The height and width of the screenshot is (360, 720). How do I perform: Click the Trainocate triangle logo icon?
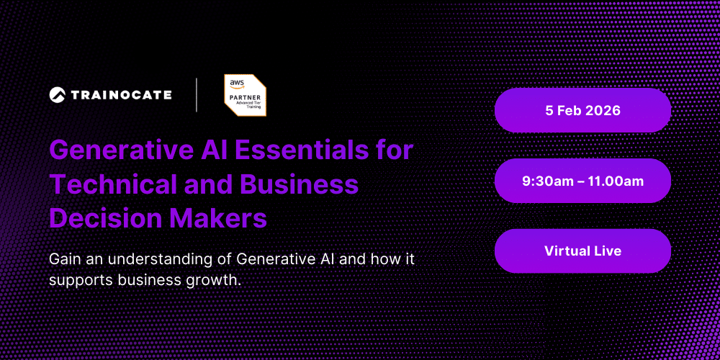58,94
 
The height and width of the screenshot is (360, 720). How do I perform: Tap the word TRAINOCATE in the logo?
121,94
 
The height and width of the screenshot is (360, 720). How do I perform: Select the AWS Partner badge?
245,95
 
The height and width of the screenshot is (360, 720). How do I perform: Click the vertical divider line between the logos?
197,95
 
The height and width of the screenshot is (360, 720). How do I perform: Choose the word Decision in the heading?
106,217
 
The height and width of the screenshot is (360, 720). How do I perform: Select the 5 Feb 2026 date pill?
582,111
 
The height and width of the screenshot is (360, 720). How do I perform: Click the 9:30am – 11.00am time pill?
582,181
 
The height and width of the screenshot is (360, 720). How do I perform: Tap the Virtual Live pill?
582,251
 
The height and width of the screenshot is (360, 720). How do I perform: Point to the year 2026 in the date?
603,111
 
